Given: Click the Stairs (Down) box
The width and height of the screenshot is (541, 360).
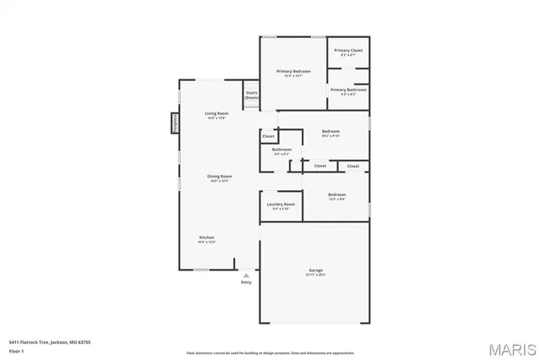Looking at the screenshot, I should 251,95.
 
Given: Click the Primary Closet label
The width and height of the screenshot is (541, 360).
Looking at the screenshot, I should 347,51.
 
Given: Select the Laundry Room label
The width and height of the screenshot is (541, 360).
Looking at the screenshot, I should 281,205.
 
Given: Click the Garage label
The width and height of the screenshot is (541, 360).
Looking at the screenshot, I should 315,270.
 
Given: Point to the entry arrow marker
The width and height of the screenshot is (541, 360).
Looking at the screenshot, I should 246,275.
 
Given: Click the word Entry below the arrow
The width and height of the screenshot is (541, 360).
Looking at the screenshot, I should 246,282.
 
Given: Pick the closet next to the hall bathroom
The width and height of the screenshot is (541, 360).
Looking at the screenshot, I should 268,136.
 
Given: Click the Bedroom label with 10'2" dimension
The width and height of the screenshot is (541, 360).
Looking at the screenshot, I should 331,132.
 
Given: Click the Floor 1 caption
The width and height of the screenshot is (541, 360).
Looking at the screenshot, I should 17,349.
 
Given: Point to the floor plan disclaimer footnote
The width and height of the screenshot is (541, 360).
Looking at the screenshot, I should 270,353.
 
